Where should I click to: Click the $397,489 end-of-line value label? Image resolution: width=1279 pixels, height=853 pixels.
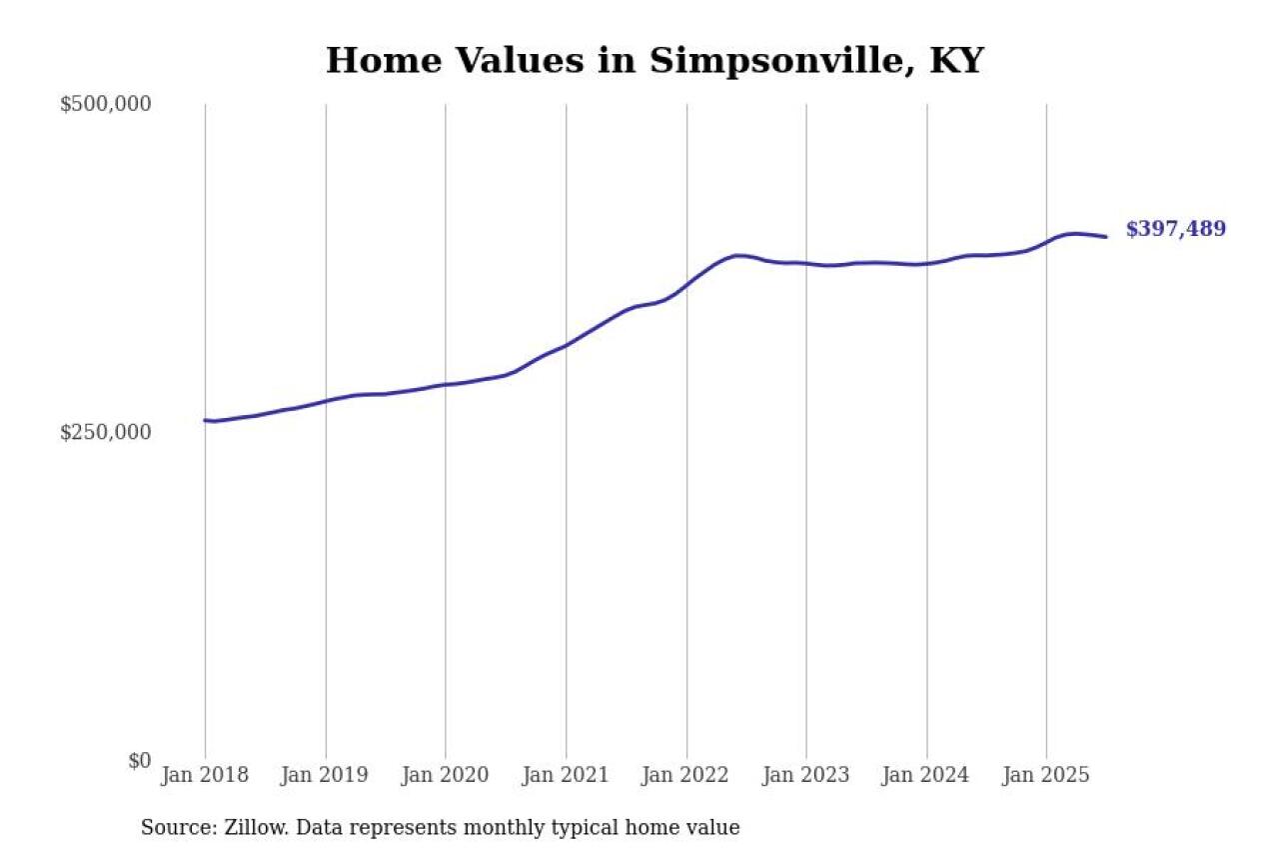[x=1175, y=229]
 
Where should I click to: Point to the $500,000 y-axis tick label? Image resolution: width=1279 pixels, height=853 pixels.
[x=105, y=104]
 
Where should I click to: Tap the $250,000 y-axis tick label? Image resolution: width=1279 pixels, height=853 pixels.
[x=105, y=432]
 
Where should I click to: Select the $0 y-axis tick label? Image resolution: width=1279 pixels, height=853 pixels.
[x=139, y=761]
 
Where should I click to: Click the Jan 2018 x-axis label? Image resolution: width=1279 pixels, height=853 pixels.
[x=205, y=776]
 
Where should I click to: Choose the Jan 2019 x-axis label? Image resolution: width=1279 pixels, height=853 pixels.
[x=325, y=776]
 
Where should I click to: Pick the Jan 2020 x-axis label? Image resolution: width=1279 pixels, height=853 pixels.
[x=445, y=776]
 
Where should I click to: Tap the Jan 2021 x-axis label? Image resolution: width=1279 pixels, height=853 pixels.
[x=566, y=776]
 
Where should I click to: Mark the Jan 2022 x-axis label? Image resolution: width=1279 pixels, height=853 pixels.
[x=685, y=776]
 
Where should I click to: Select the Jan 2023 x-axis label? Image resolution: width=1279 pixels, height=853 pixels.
[x=805, y=776]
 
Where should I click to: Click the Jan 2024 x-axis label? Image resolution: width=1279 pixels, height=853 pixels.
[x=926, y=776]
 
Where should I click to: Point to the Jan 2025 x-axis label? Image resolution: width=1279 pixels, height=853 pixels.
[x=1046, y=776]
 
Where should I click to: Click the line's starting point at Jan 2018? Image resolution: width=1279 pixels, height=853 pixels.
[x=206, y=420]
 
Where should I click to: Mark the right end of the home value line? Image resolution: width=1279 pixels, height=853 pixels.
[x=1105, y=237]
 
